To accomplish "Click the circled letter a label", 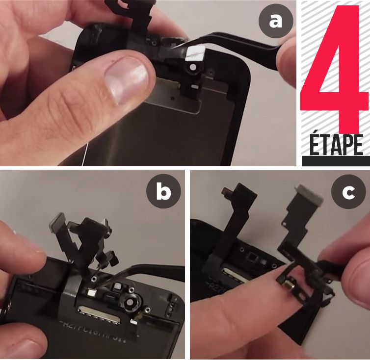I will coord(276,21).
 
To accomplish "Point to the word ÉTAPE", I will coord(336,145).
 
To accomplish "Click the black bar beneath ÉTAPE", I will coord(336,161).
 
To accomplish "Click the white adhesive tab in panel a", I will coord(196,51).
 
